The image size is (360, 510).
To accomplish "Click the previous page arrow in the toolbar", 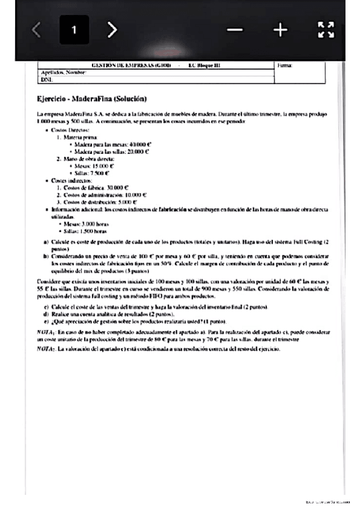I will (x=37, y=30).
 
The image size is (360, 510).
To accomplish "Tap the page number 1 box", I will (x=74, y=30).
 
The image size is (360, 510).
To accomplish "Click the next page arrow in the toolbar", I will (x=112, y=30).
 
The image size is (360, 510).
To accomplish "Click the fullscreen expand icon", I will (x=325, y=30).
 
